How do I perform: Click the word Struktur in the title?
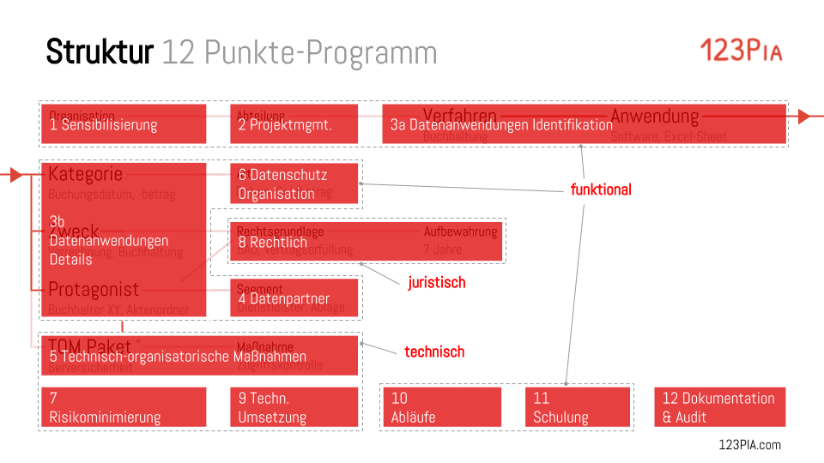point(100,52)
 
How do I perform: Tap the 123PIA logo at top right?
point(741,51)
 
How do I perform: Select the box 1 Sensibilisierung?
point(123,124)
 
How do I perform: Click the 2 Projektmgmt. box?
point(294,124)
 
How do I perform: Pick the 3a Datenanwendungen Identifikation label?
point(501,125)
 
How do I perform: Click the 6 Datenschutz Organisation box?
point(294,183)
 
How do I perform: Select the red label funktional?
point(601,189)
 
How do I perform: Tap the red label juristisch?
point(436,282)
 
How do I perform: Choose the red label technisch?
point(434,352)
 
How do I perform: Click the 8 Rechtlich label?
point(272,243)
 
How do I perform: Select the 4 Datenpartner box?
point(294,298)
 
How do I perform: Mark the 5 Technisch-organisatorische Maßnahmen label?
point(178,357)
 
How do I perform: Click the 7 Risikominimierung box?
point(123,407)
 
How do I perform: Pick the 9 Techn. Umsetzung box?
point(294,407)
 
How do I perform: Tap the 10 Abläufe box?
point(441,407)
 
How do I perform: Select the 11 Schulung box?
point(577,407)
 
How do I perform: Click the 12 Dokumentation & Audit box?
point(719,407)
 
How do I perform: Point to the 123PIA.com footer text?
point(749,444)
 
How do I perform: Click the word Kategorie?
point(85,174)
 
